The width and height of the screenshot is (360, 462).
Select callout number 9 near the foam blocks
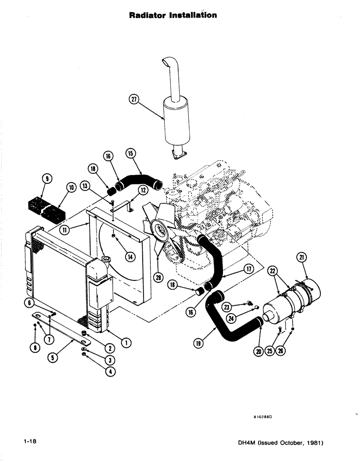click(48, 178)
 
